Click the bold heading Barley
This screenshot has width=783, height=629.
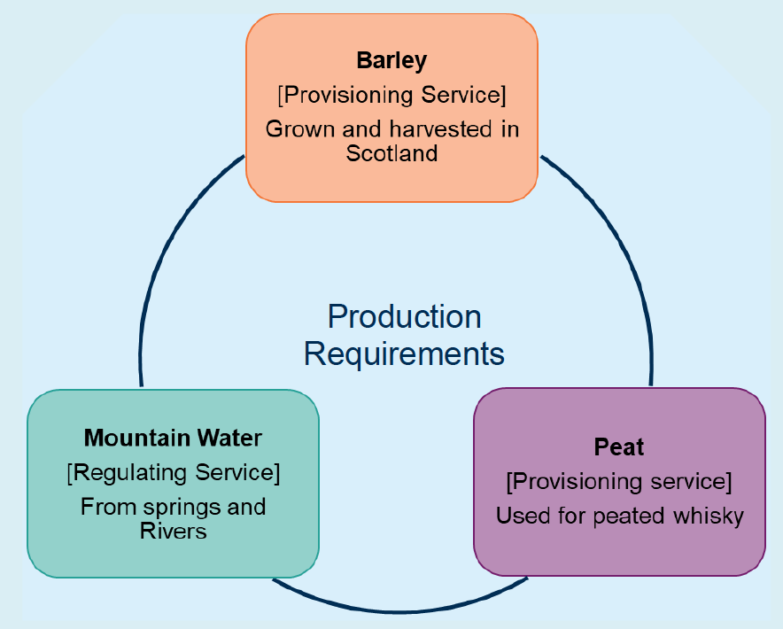(x=391, y=60)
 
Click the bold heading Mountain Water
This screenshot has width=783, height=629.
(x=173, y=438)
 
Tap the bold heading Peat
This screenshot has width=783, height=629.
(x=619, y=447)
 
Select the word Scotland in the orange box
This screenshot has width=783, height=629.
(x=391, y=153)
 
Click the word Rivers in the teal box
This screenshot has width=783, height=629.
(x=173, y=532)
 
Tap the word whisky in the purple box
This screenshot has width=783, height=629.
(x=711, y=516)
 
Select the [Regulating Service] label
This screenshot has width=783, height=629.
(x=173, y=473)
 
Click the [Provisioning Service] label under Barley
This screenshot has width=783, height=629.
(x=391, y=94)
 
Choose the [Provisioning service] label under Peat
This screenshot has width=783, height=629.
(x=619, y=482)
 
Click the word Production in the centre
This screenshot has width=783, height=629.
(x=404, y=316)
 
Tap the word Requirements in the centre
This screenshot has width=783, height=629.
(x=404, y=353)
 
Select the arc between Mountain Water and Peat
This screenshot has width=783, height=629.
(x=399, y=610)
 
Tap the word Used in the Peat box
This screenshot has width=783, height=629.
(x=517, y=516)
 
